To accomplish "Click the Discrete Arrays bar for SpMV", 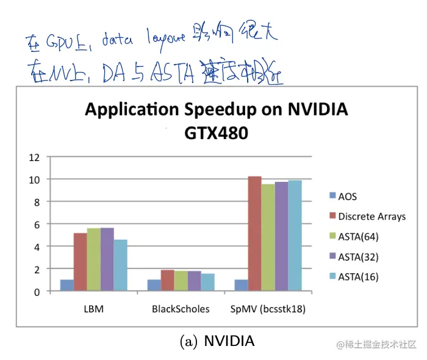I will click(x=254, y=234).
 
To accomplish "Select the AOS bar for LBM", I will click(x=66, y=286).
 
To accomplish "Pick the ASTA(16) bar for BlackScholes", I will click(x=207, y=283).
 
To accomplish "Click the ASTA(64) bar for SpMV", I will click(x=268, y=237).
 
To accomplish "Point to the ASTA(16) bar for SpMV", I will click(x=295, y=236).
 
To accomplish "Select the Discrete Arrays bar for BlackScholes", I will click(x=167, y=281).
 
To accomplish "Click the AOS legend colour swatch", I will click(x=332, y=196).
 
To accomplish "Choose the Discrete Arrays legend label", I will click(x=372, y=216).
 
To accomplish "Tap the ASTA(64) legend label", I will click(x=359, y=236).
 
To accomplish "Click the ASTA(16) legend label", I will click(x=359, y=276).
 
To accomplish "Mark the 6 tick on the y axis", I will click(x=36, y=224).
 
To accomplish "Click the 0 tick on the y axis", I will click(x=36, y=292).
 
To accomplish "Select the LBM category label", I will click(x=93, y=309).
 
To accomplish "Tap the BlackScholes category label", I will click(x=181, y=309).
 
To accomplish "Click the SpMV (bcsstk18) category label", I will click(x=268, y=309).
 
